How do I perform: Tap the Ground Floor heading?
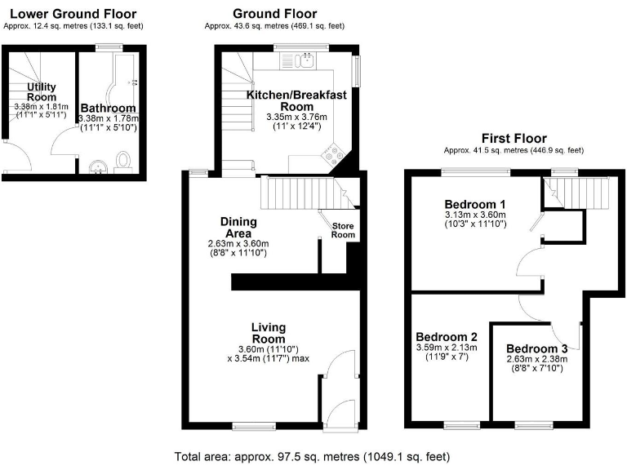coord(275,14)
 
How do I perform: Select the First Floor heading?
coord(514,139)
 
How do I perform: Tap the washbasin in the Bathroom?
coord(99,167)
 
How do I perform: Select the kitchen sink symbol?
coord(308,59)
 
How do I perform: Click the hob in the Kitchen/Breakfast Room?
coord(334,154)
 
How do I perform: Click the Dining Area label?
coord(238,228)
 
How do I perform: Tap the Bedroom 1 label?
coord(475,204)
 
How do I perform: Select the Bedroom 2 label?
coord(447,336)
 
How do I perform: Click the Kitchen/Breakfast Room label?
coord(296,100)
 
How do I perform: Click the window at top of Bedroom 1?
coord(476,171)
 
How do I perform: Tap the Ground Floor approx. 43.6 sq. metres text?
coord(275,26)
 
